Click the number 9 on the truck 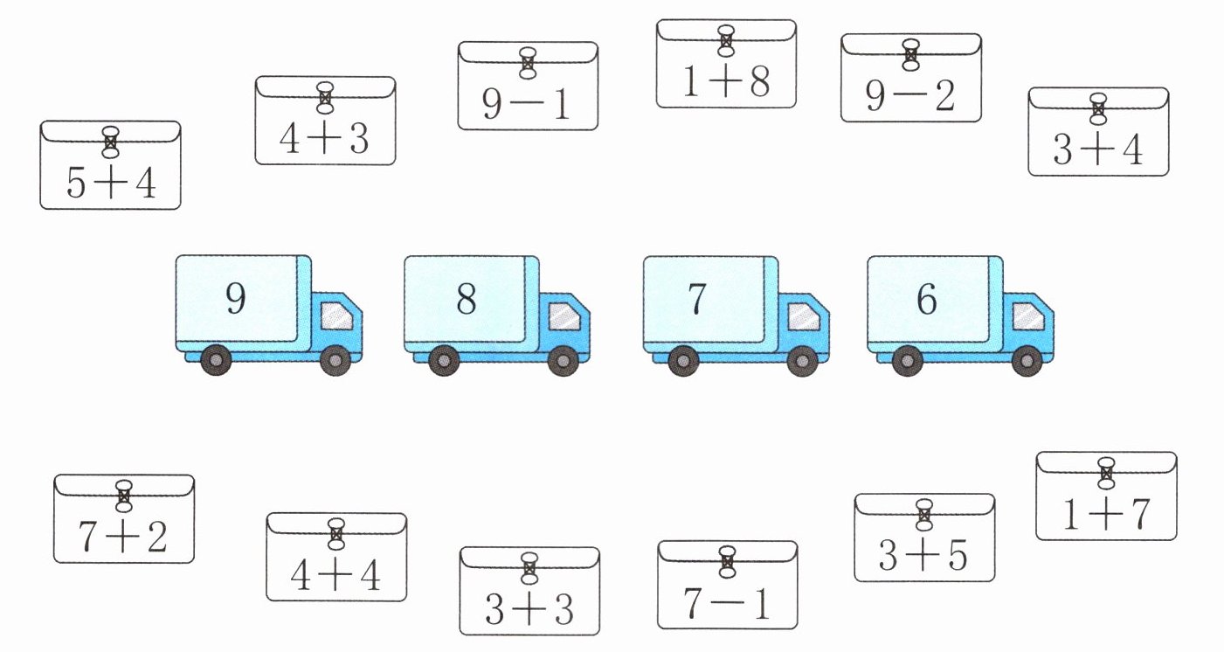(236, 299)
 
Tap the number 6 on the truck (927, 299)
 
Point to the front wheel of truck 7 (801, 361)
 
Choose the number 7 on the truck (696, 299)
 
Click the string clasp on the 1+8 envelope (726, 40)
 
